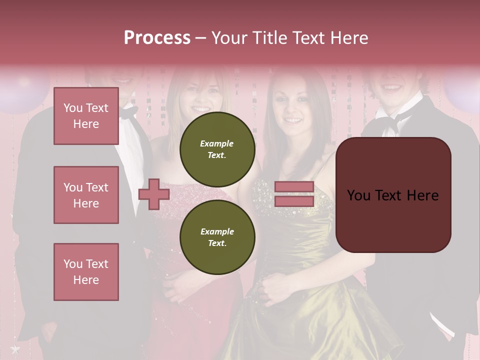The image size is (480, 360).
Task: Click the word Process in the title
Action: click(x=157, y=38)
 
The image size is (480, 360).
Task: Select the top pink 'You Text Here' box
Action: click(x=86, y=116)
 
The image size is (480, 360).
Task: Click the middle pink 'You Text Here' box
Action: click(x=86, y=195)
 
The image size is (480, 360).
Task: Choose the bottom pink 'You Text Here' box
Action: click(x=86, y=271)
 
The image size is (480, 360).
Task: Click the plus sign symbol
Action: click(x=154, y=194)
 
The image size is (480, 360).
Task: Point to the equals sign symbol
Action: click(x=294, y=194)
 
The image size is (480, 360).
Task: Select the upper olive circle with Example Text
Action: click(x=217, y=149)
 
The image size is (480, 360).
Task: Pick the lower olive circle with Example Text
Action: click(x=217, y=237)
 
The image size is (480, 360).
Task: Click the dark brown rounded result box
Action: click(x=393, y=194)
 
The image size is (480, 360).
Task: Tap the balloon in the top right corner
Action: click(x=462, y=92)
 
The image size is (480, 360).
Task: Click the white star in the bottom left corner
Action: click(x=15, y=348)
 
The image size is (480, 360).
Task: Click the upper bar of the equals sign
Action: click(x=294, y=187)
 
